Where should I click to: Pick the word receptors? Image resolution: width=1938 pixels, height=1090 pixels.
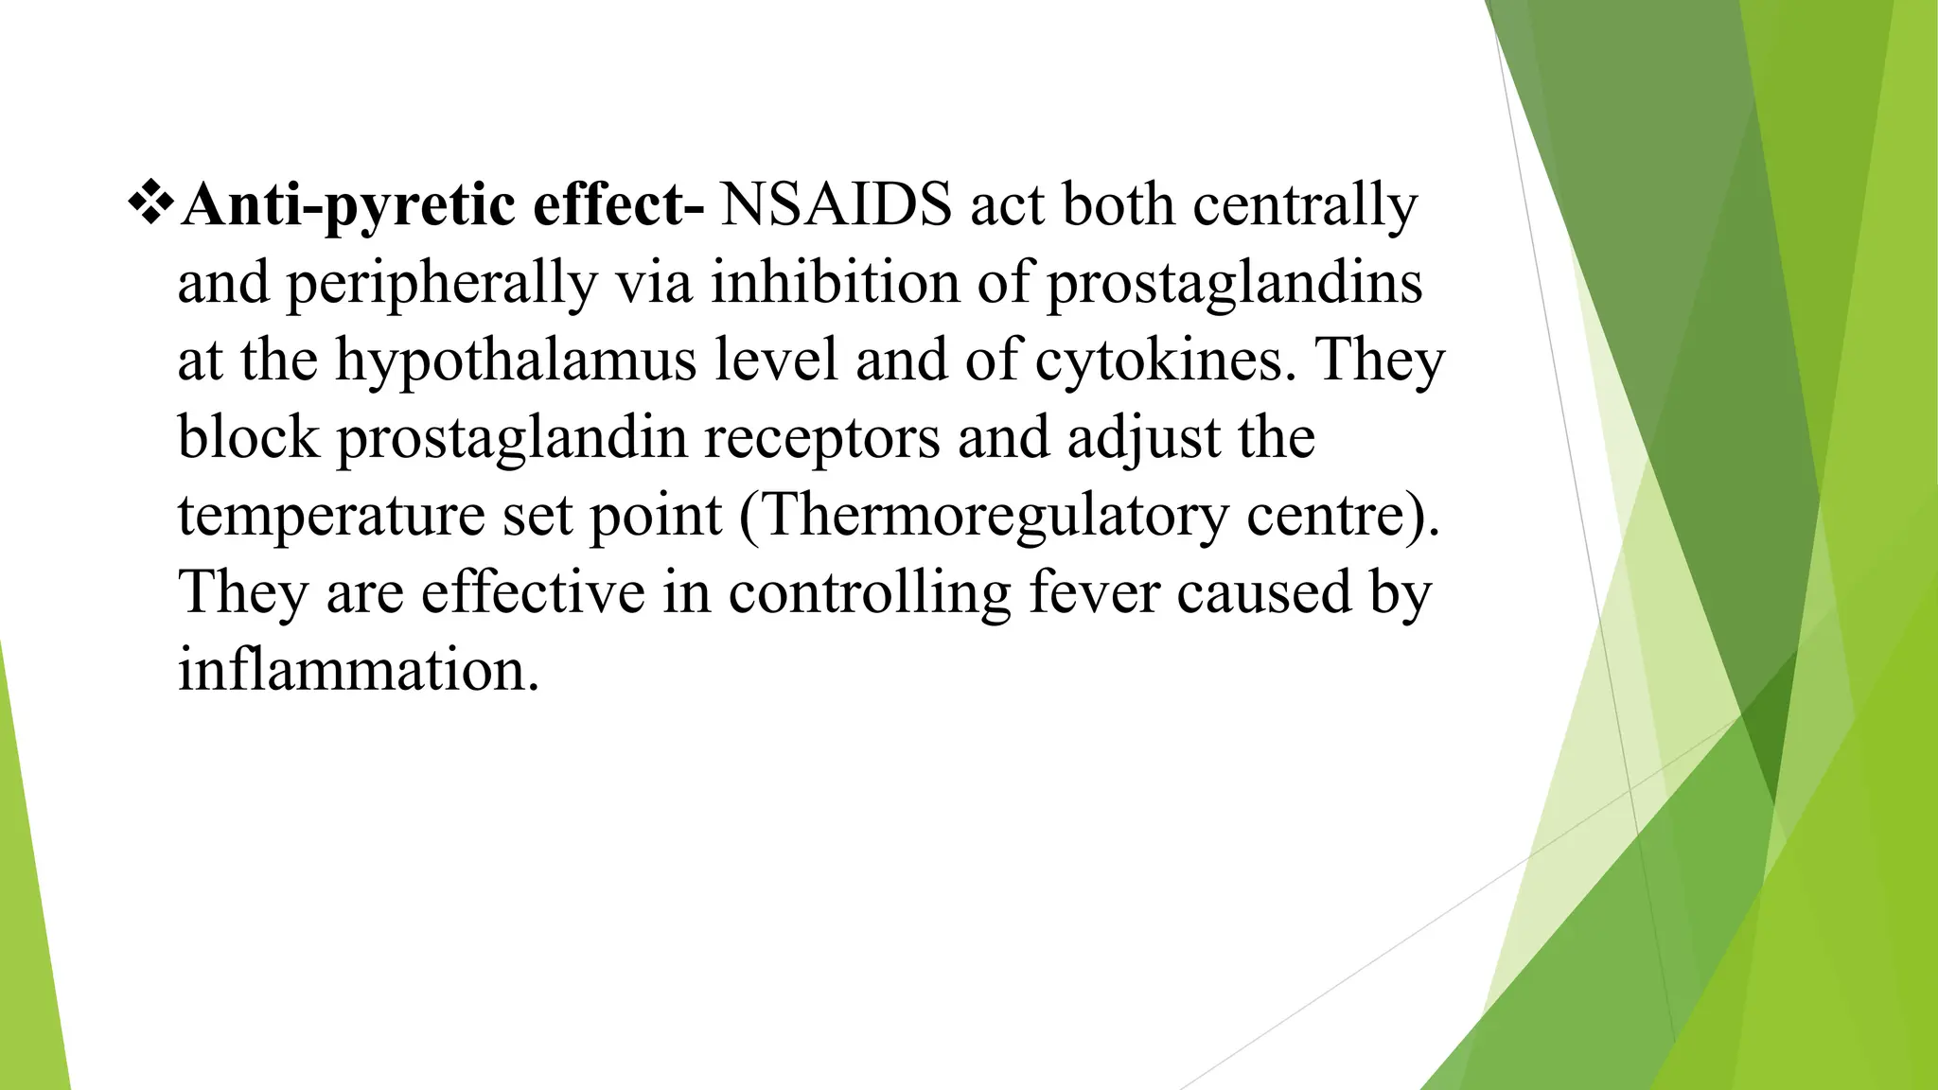coord(821,439)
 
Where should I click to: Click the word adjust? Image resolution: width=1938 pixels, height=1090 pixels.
coord(1144,439)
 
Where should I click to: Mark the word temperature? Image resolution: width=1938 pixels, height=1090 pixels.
coord(331,517)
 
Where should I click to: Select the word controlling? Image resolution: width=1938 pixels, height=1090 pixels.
coord(870,594)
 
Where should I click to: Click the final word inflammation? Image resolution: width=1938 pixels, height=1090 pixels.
coord(358,671)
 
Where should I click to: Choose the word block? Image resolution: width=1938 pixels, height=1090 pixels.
coord(248,439)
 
